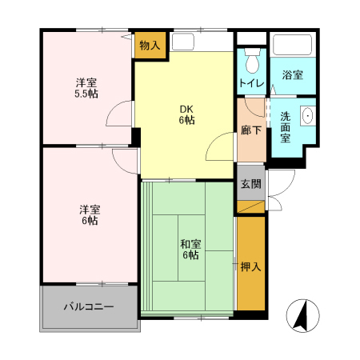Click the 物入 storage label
tap(149, 46)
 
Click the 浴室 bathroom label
tap(292, 75)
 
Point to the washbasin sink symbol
tap(307, 117)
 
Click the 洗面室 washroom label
tap(286, 126)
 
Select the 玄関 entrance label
tap(250, 183)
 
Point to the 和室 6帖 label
tap(190, 250)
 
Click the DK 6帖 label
tap(186, 114)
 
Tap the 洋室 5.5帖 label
tap(86, 89)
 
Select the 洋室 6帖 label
tap(89, 214)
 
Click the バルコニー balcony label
tap(89, 306)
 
